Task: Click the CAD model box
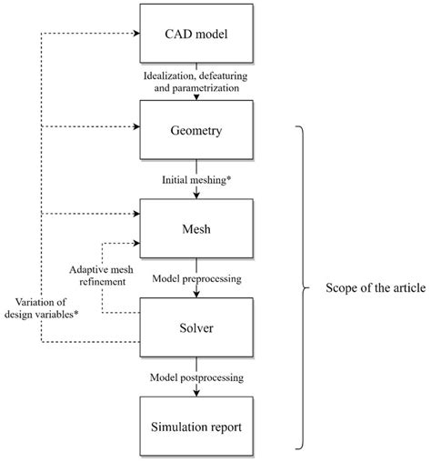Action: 195,36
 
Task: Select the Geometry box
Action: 195,129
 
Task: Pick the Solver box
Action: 195,325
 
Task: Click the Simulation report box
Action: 195,424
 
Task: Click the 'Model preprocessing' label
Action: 195,279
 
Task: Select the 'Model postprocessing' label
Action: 195,375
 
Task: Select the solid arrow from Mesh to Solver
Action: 195,292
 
